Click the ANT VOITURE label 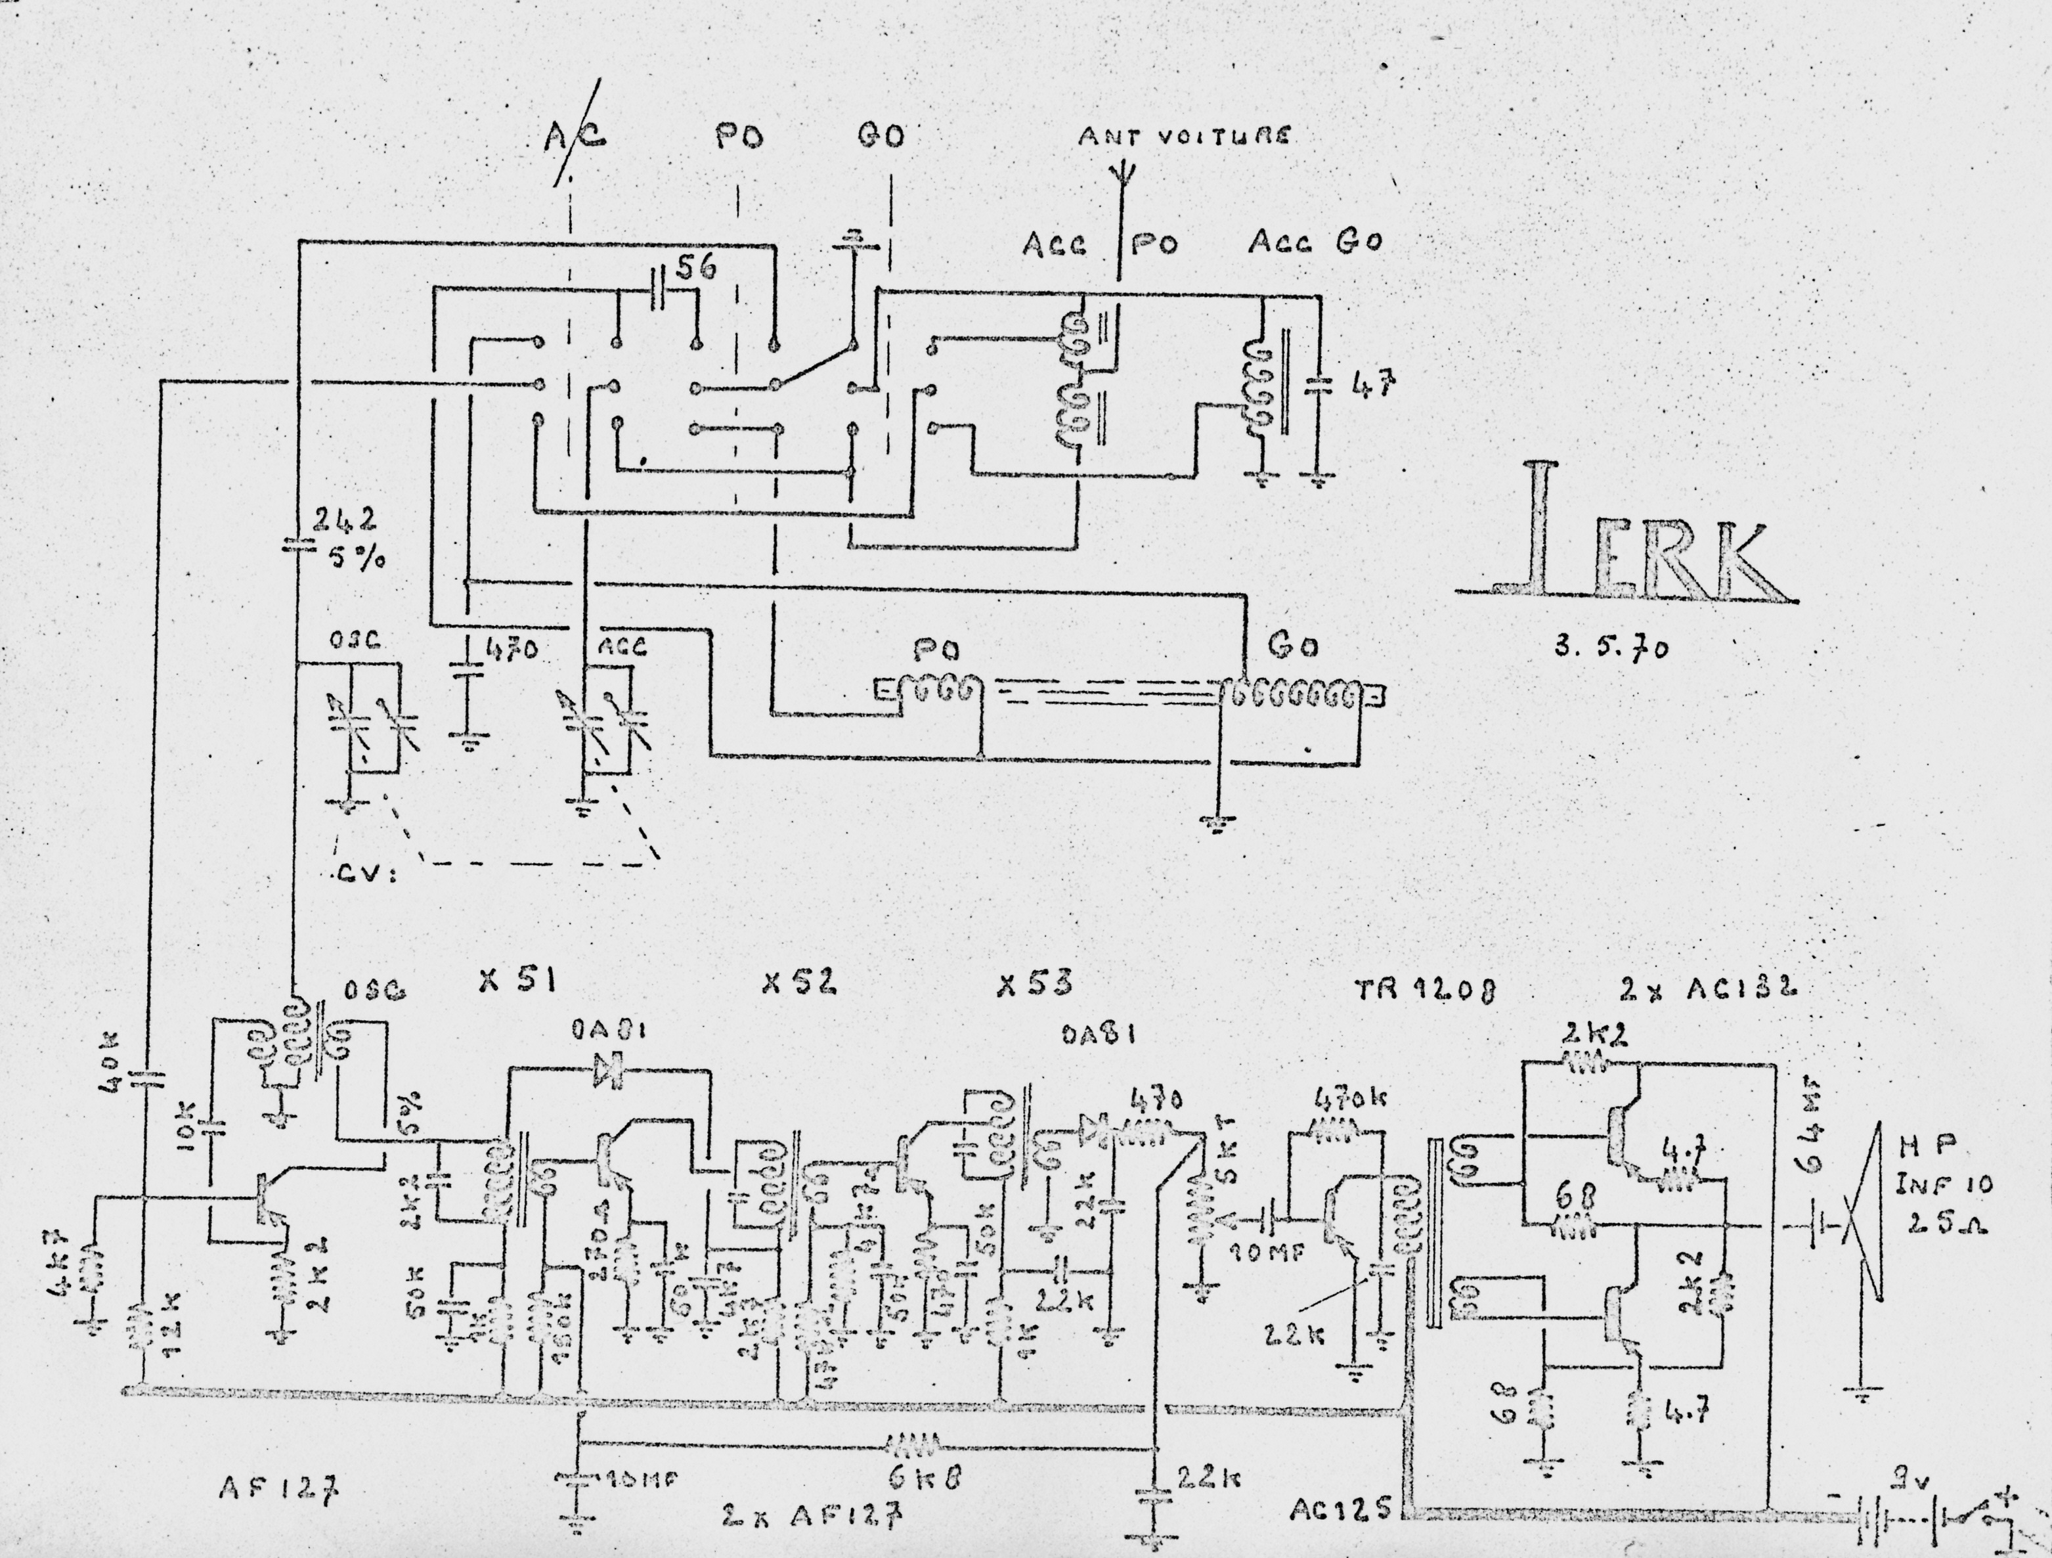1183,137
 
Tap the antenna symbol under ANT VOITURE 1122,176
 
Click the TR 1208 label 1424,992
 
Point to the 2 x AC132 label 1707,989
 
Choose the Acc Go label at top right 1315,242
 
